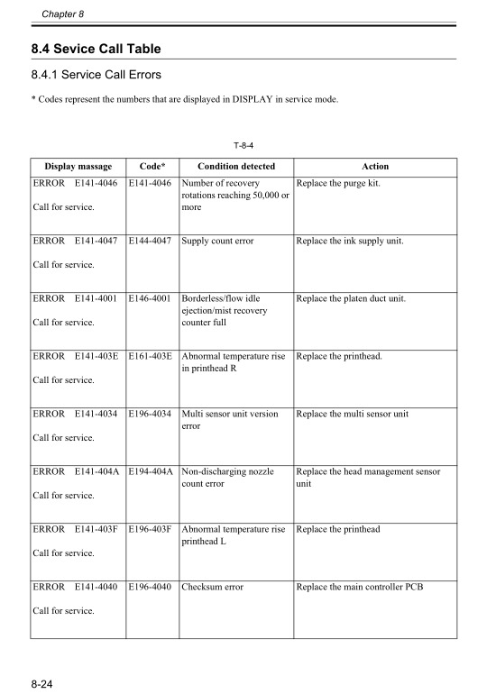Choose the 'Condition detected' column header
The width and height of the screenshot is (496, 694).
(x=236, y=167)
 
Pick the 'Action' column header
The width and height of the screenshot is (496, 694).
(x=375, y=167)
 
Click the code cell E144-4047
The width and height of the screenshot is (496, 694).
(x=151, y=242)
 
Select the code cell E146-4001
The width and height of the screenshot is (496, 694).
(x=151, y=299)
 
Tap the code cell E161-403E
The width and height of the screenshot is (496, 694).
(x=151, y=357)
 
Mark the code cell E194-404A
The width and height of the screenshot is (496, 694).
(x=151, y=472)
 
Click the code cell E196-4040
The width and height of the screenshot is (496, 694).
(x=151, y=588)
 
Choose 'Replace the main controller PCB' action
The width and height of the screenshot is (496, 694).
(x=359, y=588)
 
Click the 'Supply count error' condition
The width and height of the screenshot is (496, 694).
(x=217, y=242)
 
